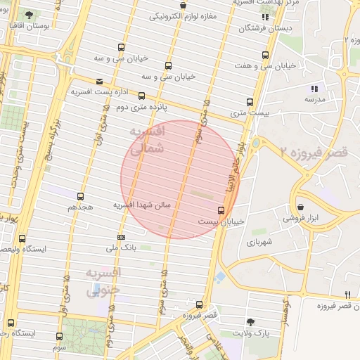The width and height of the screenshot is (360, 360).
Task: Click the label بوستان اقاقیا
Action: pos(27,26)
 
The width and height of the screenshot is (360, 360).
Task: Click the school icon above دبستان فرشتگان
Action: pos(265,17)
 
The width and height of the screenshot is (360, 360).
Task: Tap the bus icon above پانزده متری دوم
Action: pos(141,96)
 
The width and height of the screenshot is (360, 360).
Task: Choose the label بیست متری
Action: pos(249,112)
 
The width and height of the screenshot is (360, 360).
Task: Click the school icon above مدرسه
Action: pos(314,89)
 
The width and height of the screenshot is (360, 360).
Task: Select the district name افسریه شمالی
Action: pos(147,140)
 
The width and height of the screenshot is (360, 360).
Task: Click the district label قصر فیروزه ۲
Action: pos(313,152)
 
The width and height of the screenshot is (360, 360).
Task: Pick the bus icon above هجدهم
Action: pos(80,197)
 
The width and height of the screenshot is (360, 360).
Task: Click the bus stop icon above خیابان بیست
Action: pos(221,210)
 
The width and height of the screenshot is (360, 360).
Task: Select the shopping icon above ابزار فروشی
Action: pos(302,207)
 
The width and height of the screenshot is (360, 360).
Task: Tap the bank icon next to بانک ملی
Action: pos(121,237)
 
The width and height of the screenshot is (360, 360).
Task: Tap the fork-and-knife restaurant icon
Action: pos(347,295)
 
